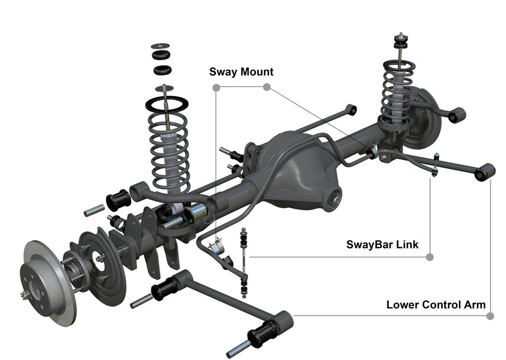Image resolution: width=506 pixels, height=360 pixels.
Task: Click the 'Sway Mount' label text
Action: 241,72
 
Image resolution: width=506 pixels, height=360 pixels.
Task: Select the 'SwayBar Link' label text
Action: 382,245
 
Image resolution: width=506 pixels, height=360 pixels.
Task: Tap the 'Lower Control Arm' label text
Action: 436,305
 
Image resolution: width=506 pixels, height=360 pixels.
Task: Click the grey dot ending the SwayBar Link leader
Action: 430,257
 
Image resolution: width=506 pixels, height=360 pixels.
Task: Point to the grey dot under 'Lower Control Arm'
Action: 490,316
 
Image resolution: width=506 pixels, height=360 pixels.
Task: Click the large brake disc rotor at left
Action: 49,283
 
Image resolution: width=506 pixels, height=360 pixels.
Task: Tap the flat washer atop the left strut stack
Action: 160,46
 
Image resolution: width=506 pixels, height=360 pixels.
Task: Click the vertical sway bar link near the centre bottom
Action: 244,263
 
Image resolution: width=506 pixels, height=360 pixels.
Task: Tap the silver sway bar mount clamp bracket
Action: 217,246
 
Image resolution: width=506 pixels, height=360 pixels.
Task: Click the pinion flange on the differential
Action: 332,199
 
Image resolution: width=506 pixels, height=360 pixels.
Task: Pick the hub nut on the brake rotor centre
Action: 24,294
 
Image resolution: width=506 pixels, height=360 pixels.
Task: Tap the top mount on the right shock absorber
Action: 400,40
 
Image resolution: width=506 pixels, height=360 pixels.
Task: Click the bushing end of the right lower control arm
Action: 485,172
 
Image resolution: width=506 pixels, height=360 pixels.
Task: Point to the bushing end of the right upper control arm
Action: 457,115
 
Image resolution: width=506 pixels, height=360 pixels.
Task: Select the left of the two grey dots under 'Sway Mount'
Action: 217,87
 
